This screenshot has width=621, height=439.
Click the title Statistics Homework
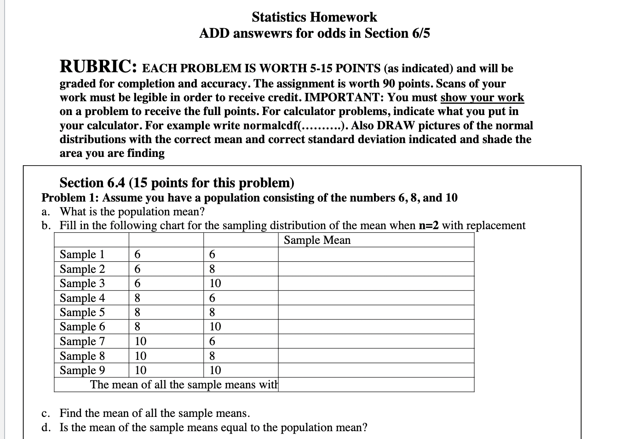[314, 17]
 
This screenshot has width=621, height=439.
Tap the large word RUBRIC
[98, 67]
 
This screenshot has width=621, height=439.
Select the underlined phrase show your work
[482, 98]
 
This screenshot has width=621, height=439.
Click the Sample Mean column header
[317, 240]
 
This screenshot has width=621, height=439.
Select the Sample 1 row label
[82, 254]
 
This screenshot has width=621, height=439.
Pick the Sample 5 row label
[82, 312]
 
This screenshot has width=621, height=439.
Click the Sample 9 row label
[82, 370]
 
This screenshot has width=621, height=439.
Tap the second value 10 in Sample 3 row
[215, 283]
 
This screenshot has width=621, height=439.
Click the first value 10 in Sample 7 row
[140, 341]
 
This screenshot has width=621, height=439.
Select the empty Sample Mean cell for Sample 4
[376, 298]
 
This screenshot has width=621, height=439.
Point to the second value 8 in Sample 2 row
[212, 269]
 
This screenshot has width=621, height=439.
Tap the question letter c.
[45, 413]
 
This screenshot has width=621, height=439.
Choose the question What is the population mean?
[132, 212]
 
